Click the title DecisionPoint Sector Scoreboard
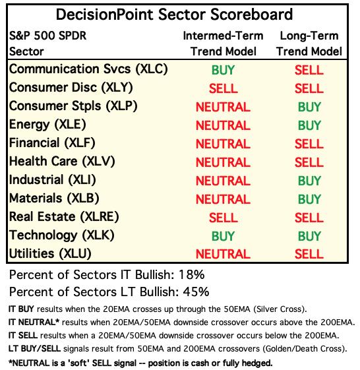pyautogui.click(x=174, y=15)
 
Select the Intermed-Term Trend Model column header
pyautogui.click(x=223, y=44)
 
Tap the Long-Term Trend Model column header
pyautogui.click(x=309, y=44)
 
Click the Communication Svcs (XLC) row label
pyautogui.click(x=88, y=69)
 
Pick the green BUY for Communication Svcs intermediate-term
pyautogui.click(x=223, y=70)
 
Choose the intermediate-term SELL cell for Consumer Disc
pyautogui.click(x=223, y=88)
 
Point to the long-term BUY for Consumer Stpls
pyautogui.click(x=309, y=107)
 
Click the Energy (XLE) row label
pyautogui.click(x=47, y=125)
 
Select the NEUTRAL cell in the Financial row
pyautogui.click(x=223, y=144)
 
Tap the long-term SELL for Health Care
pyautogui.click(x=309, y=162)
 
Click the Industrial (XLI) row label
pyautogui.click(x=52, y=180)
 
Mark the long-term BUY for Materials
pyautogui.click(x=309, y=199)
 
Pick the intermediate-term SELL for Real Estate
pyautogui.click(x=223, y=218)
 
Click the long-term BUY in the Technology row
pyautogui.click(x=309, y=236)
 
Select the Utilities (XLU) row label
pyautogui.click(x=50, y=254)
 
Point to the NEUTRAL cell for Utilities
pyautogui.click(x=223, y=254)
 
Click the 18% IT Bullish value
pyautogui.click(x=192, y=274)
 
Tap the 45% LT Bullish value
pyautogui.click(x=196, y=292)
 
